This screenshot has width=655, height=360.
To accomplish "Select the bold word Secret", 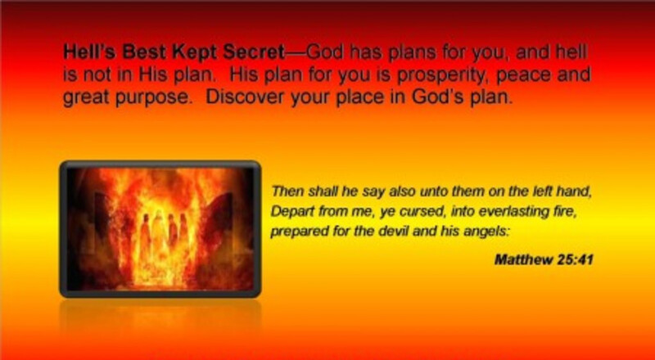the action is pos(253,52).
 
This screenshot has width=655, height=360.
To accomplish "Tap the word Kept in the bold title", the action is pos(195,53).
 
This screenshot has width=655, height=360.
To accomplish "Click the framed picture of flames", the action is pos(160,229).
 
